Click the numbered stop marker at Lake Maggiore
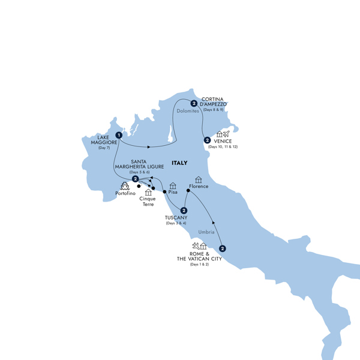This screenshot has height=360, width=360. point(119,135)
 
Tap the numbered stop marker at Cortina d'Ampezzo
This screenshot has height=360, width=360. point(194,103)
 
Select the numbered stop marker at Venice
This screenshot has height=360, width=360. point(207,140)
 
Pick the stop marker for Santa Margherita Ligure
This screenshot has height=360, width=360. point(136,179)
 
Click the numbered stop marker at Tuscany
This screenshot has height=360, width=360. point(184,210)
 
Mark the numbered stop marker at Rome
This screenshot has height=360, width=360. point(223,248)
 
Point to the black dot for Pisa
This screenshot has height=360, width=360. point(165,191)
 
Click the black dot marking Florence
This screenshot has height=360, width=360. point(188,191)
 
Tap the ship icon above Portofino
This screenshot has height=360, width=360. point(125,185)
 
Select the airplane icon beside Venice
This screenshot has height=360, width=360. point(226,134)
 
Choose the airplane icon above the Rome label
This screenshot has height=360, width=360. point(195,246)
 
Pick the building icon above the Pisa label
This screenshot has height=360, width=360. point(173,185)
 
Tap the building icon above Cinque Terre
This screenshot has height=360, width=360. point(148,193)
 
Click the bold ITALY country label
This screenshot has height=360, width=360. point(179,163)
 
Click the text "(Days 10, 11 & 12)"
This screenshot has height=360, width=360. point(223,147)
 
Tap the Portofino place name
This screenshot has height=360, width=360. point(125,193)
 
